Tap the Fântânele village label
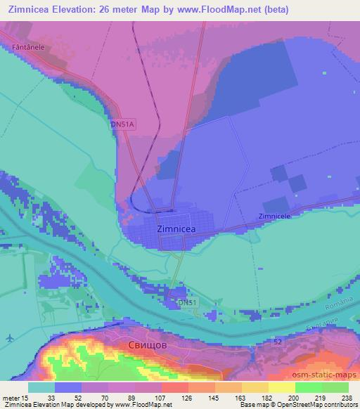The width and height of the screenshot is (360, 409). coord(18,46)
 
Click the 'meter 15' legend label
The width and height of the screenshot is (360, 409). coord(12,397)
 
